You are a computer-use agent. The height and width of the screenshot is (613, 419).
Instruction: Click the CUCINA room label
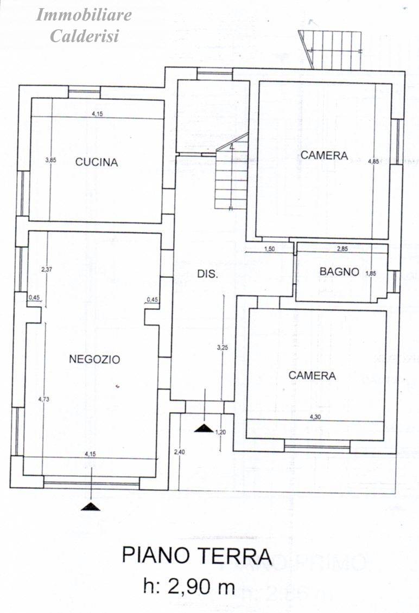(97, 162)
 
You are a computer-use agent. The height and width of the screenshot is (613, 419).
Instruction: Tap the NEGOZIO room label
(94, 359)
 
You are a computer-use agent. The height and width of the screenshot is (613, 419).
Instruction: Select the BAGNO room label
(339, 272)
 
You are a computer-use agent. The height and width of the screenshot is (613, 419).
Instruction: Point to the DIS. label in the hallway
(207, 274)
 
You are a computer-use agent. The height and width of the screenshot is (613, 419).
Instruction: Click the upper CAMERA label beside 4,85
(324, 155)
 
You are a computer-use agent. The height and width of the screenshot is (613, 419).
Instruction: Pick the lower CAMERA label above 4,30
(312, 375)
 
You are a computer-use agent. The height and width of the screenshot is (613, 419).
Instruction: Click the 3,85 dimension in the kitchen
(51, 160)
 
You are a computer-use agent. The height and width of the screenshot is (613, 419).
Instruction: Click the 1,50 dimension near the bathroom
(269, 249)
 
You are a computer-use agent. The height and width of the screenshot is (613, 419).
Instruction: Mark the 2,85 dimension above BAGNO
(342, 249)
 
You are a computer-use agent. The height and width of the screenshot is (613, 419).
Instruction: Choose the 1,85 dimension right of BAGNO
(371, 273)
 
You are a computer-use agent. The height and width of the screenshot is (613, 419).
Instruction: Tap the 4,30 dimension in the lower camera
(315, 417)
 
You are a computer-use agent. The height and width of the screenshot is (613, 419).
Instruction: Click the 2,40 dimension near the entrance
(179, 451)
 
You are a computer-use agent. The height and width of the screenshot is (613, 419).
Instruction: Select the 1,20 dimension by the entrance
(220, 432)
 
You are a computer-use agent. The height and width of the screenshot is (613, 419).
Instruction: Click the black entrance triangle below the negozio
(91, 506)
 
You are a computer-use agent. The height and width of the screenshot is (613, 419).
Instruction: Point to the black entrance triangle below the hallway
(204, 428)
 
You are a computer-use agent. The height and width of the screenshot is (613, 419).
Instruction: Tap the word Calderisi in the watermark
(84, 36)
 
